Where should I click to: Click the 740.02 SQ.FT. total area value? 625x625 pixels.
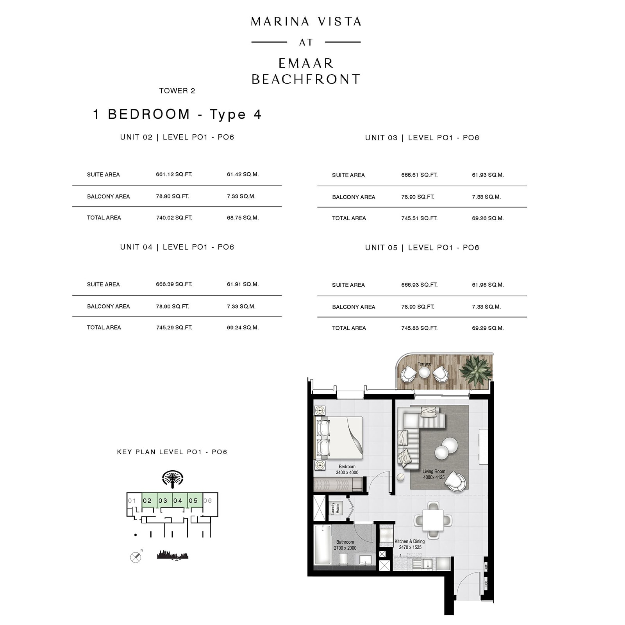coord(174,218)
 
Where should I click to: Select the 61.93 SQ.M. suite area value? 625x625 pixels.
coord(488,175)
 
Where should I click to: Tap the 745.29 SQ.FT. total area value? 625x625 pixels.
coord(174,328)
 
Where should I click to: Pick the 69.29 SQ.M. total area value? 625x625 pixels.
coord(488,328)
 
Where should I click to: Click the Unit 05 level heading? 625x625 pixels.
coord(422,248)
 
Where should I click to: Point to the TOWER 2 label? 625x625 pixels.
coord(177,91)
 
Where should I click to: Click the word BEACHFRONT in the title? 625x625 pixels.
coord(306,79)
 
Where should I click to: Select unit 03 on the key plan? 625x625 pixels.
coord(163,500)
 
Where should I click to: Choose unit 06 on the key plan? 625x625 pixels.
coord(208,500)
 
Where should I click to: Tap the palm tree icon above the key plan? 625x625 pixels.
coord(173,479)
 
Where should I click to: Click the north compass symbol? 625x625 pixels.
coord(136,557)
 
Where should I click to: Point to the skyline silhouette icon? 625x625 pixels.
coord(172,555)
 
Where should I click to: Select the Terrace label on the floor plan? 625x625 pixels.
coord(424,364)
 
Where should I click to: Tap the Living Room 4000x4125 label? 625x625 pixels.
coord(434,474)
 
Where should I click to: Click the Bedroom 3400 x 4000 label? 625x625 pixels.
coord(347,470)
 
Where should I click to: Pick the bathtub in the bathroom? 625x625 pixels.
coord(323,545)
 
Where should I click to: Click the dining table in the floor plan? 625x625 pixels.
coord(433,520)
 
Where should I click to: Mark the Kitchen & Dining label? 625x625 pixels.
coord(410,544)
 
